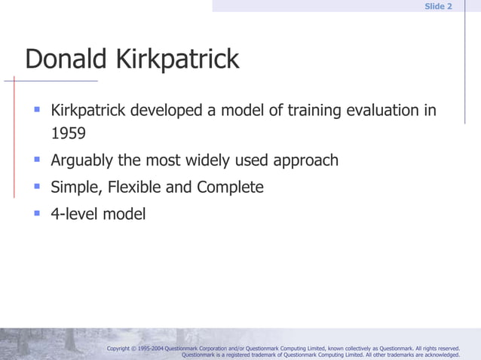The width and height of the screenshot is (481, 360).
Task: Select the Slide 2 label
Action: pos(438,6)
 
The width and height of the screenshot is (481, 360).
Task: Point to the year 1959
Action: pos(68,134)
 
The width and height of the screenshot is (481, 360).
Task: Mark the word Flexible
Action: pos(130,187)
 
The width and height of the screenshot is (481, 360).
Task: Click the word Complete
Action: pos(230,187)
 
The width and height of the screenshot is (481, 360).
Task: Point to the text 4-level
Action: pos(74,214)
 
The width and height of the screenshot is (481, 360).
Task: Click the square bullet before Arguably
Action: pos(35,159)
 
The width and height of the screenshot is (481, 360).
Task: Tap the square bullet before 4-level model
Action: pos(35,212)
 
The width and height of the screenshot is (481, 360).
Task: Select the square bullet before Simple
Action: pos(35,185)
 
